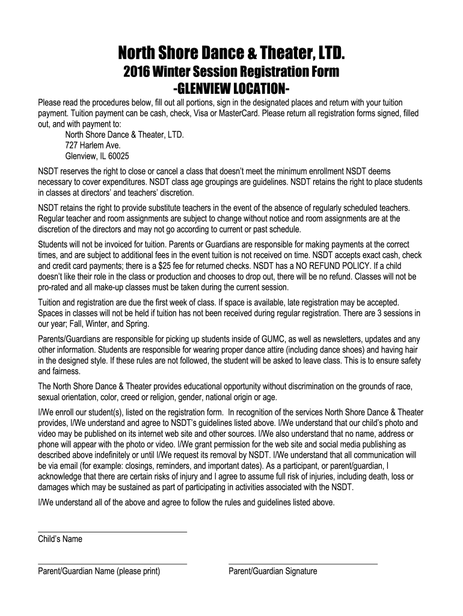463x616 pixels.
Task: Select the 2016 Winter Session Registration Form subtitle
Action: (231, 73)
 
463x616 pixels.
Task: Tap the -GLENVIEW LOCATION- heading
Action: (231, 89)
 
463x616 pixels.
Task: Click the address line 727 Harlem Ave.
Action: (93, 145)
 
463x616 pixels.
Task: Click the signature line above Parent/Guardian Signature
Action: (303, 564)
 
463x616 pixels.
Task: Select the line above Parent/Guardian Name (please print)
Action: (112, 564)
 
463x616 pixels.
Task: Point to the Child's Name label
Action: (60, 540)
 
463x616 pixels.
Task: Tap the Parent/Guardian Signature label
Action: (272, 572)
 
